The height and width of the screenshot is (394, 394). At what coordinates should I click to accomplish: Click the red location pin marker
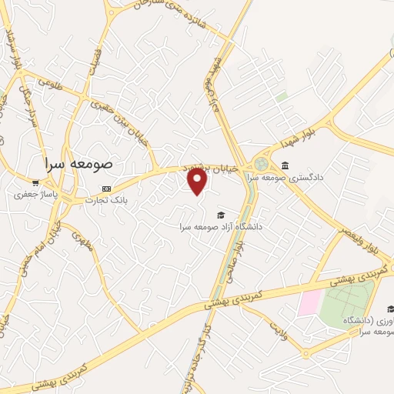click(x=198, y=182)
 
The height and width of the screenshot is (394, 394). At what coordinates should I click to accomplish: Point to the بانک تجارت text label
click(x=105, y=200)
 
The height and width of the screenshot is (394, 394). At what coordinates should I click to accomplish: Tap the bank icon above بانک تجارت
click(x=105, y=189)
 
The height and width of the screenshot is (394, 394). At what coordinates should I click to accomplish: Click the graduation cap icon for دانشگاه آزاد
click(x=221, y=215)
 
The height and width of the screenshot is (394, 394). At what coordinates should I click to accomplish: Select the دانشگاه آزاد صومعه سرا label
click(x=221, y=226)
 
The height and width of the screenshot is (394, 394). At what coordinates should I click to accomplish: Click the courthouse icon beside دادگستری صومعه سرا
click(x=285, y=165)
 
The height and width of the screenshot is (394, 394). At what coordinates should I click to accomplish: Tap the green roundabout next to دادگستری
click(x=262, y=164)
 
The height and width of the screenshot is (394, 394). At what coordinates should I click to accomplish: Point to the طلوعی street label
click(x=48, y=81)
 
